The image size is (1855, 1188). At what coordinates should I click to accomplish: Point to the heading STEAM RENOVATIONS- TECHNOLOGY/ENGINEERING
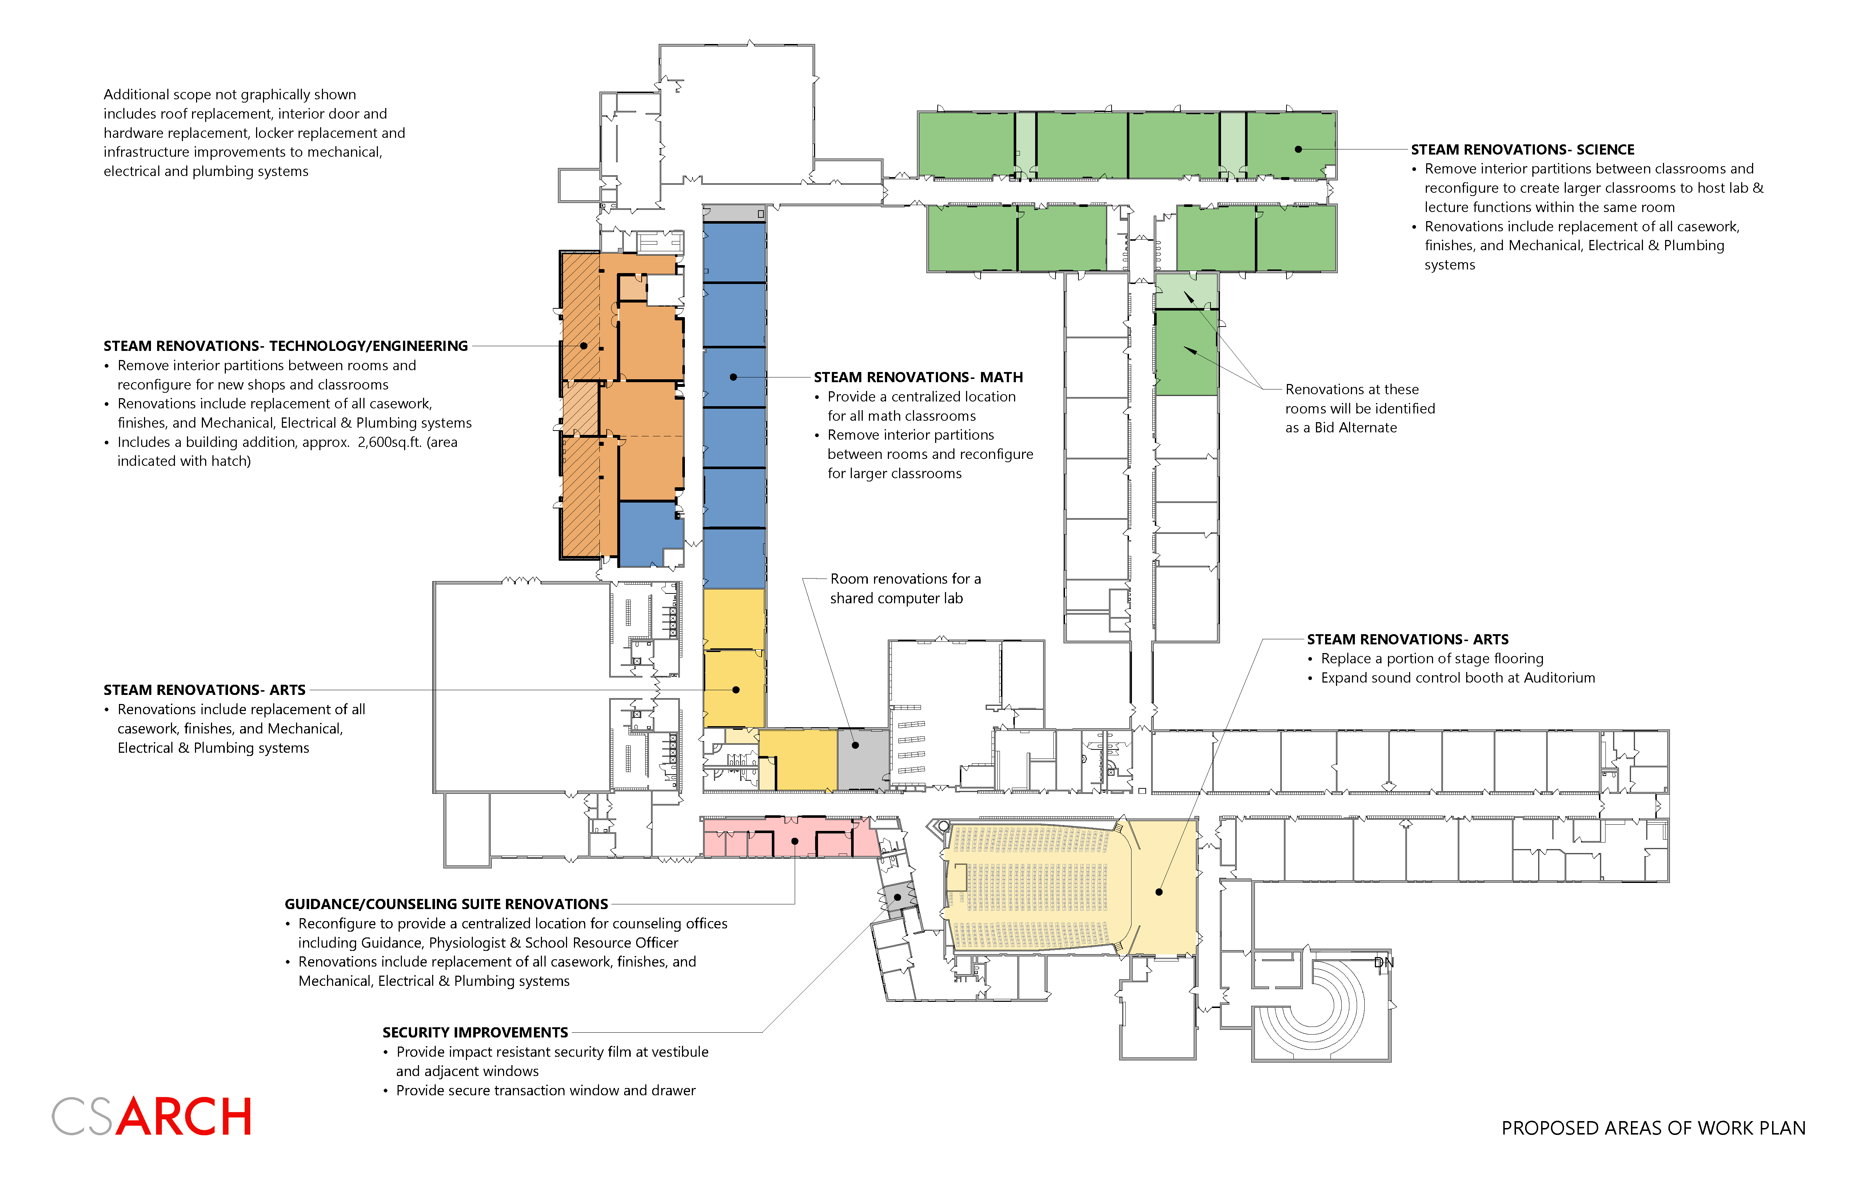click(x=286, y=345)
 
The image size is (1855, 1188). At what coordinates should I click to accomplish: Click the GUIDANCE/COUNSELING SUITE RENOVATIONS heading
click(x=446, y=904)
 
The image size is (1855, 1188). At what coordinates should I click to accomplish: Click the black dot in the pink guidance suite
click(x=795, y=841)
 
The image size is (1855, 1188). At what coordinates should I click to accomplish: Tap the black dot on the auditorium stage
click(x=1159, y=892)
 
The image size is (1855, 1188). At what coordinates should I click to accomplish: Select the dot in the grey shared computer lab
click(x=855, y=745)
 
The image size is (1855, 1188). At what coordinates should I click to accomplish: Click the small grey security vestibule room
click(x=897, y=897)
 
